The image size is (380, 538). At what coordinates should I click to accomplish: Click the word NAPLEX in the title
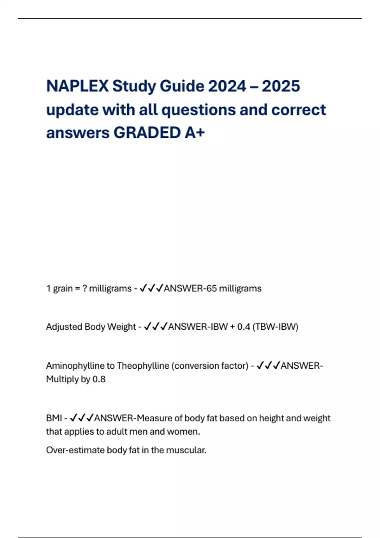tap(77, 86)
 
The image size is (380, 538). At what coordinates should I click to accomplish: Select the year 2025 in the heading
tap(281, 86)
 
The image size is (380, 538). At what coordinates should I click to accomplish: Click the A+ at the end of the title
tap(195, 133)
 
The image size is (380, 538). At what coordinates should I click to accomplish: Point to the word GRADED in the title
tap(147, 133)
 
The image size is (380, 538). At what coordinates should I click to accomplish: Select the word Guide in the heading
tap(182, 86)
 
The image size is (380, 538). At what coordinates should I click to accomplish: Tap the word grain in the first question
tap(63, 289)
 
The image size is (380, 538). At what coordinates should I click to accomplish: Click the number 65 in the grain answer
tap(211, 289)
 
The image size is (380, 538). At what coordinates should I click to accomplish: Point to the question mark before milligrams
tap(85, 289)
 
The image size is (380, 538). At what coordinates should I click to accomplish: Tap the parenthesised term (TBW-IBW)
tap(275, 327)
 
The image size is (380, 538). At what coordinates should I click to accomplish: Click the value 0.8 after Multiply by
tap(99, 379)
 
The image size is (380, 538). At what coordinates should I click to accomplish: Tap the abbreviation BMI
tap(54, 418)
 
